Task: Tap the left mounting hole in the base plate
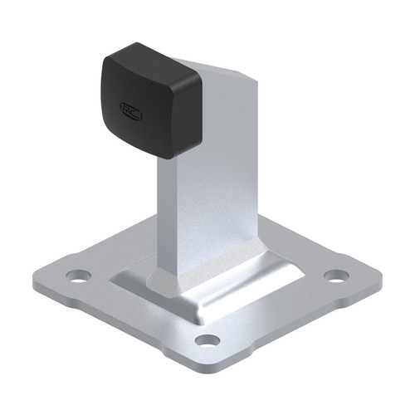point(77,276)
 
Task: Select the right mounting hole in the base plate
point(336,275)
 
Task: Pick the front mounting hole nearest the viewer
point(207,339)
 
